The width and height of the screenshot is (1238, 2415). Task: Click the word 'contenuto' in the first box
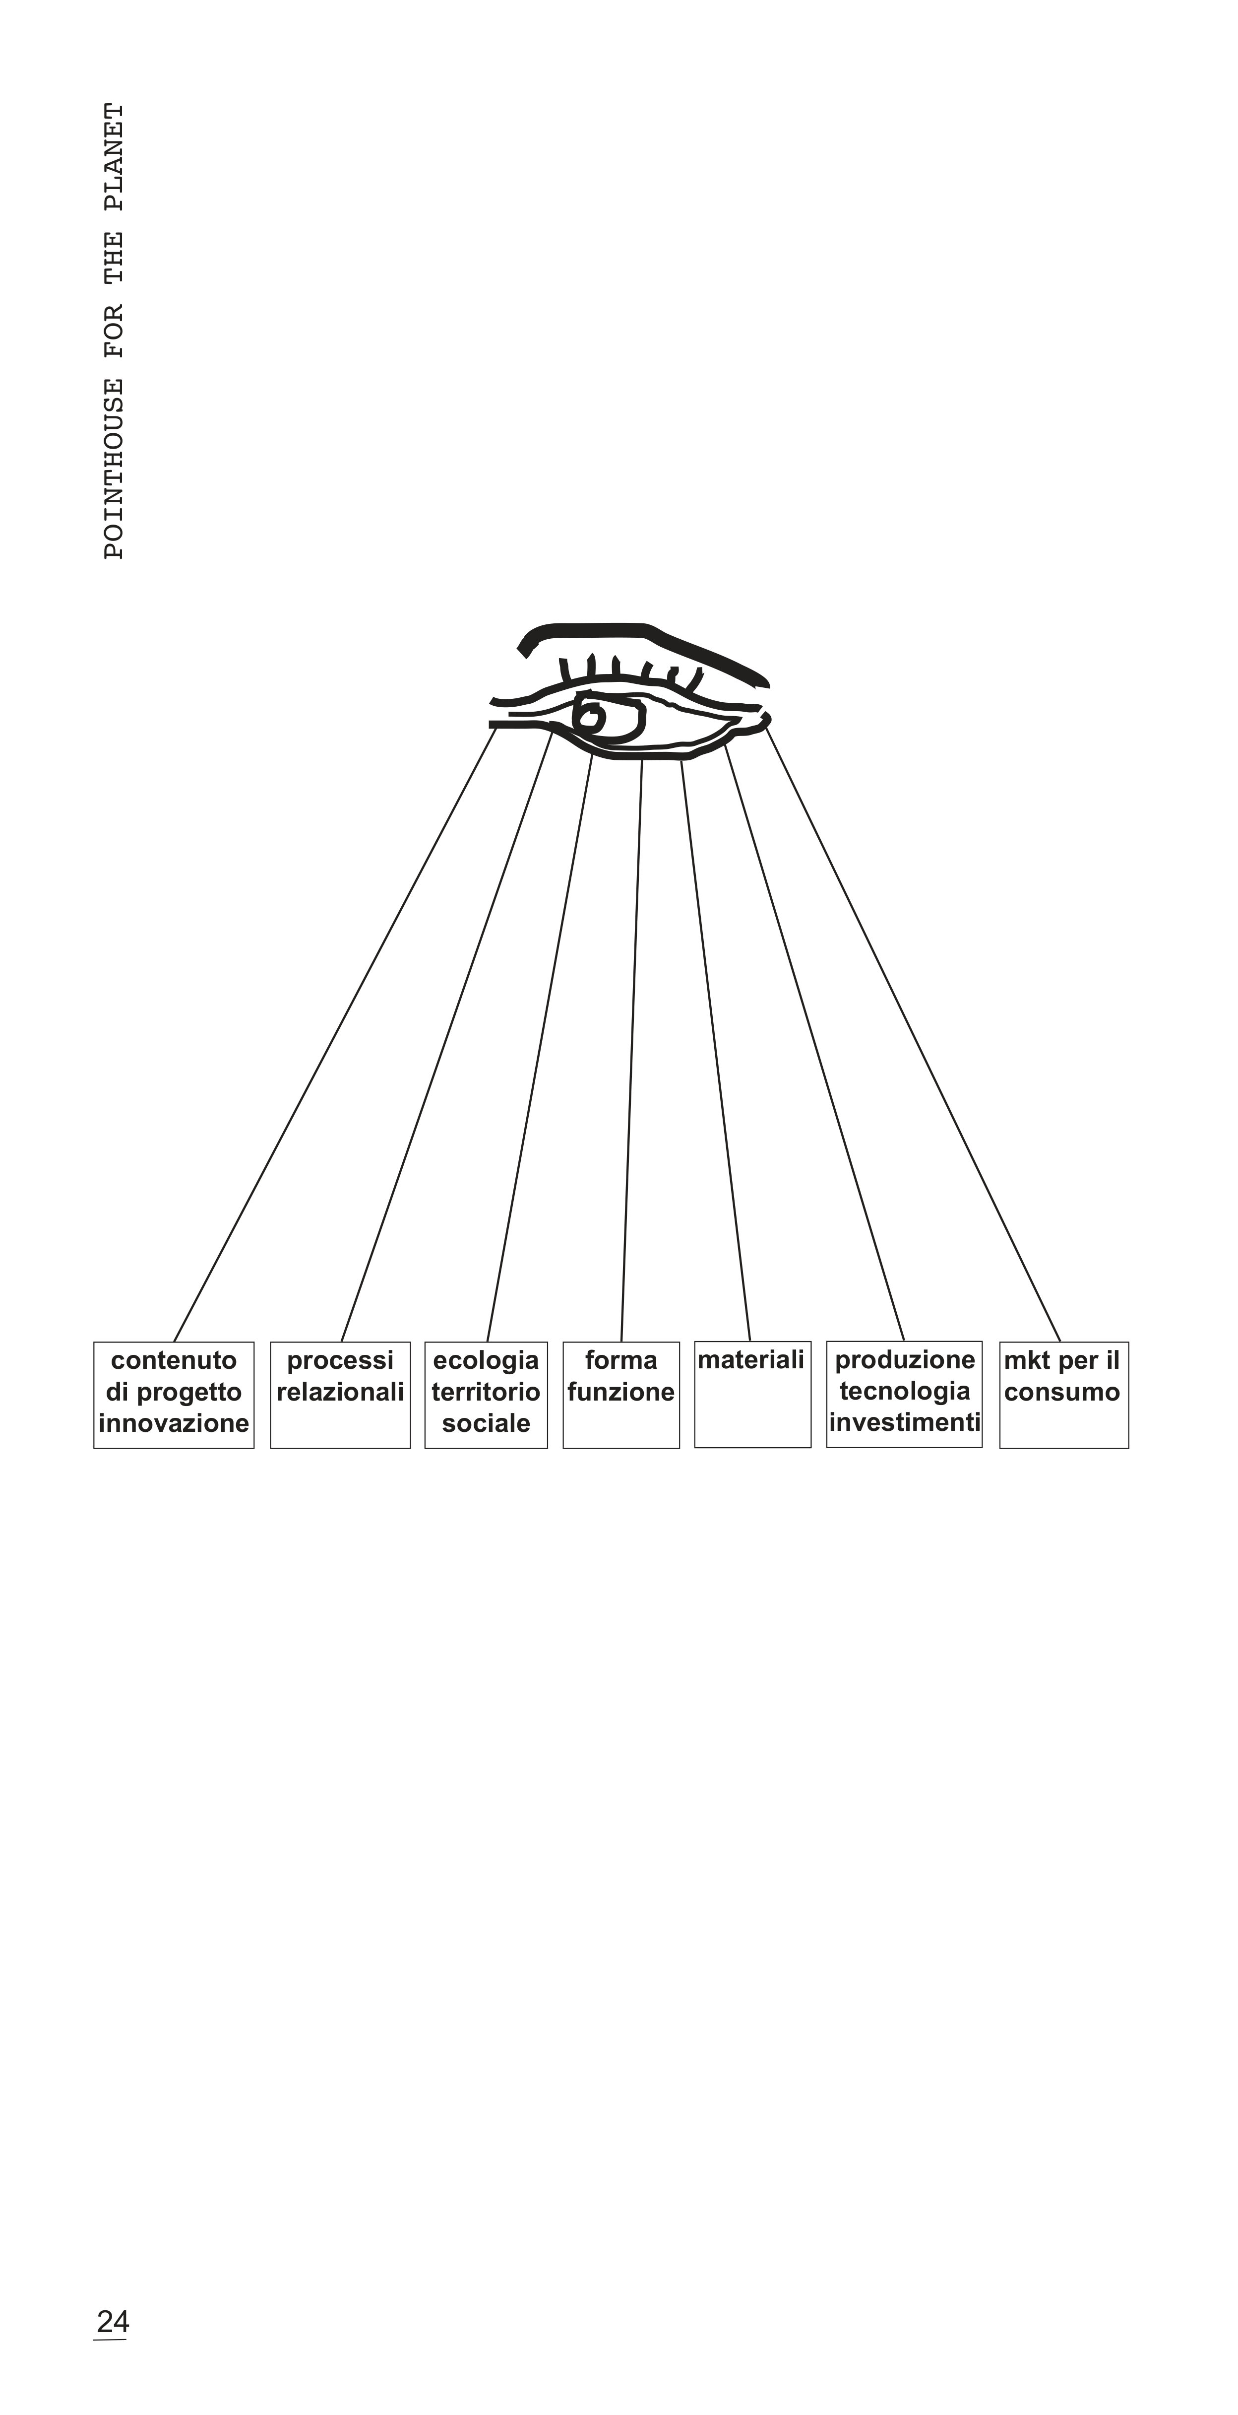click(174, 1360)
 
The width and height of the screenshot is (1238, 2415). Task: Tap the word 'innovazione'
click(174, 1423)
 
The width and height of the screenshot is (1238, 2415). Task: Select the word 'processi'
click(340, 1360)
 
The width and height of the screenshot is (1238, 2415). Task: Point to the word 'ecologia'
click(486, 1360)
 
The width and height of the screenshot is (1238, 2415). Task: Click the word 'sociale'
click(486, 1423)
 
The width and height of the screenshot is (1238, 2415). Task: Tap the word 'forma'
click(620, 1360)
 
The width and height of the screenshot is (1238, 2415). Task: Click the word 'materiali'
click(750, 1359)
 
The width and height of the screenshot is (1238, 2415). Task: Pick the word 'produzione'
click(904, 1359)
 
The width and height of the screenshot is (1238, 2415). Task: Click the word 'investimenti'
click(904, 1422)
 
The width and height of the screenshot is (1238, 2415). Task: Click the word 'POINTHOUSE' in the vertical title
click(114, 468)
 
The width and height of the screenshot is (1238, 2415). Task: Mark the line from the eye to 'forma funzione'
click(632, 1050)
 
